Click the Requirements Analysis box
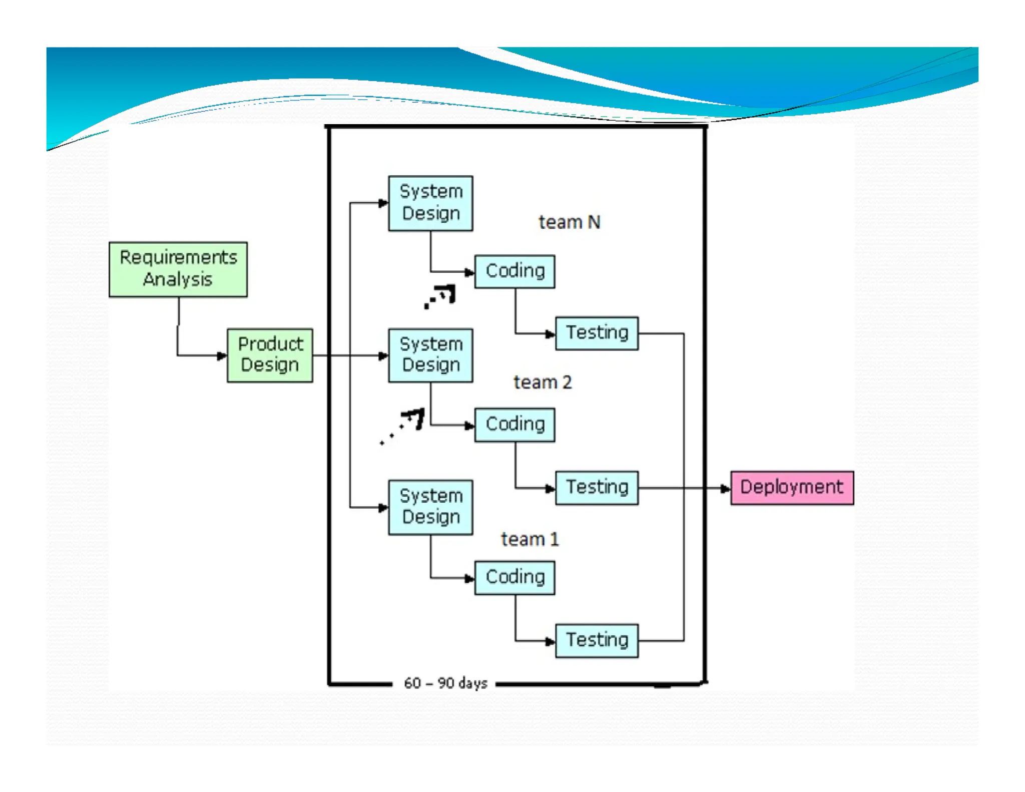pyautogui.click(x=178, y=269)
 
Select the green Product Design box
pyautogui.click(x=270, y=355)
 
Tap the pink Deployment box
pyautogui.click(x=792, y=488)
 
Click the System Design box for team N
pyautogui.click(x=430, y=203)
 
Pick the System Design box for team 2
pyautogui.click(x=430, y=355)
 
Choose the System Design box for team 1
pyautogui.click(x=430, y=507)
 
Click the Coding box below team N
pyautogui.click(x=515, y=271)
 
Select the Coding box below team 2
pyautogui.click(x=515, y=425)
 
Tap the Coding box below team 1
pyautogui.click(x=515, y=577)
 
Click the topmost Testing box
pyautogui.click(x=597, y=333)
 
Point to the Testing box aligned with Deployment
pyautogui.click(x=597, y=488)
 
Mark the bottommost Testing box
pyautogui.click(x=597, y=640)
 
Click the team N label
pyautogui.click(x=569, y=222)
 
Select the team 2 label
pyautogui.click(x=543, y=382)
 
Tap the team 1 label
pyautogui.click(x=530, y=539)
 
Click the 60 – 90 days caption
pyautogui.click(x=445, y=683)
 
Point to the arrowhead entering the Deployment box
pyautogui.click(x=725, y=489)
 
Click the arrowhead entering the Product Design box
pyautogui.click(x=222, y=356)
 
